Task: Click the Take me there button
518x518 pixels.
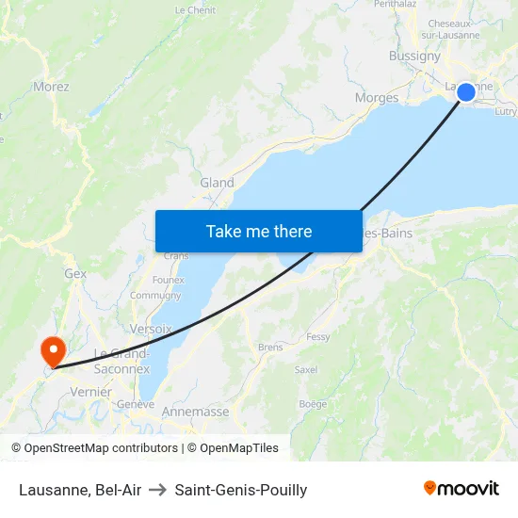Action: click(x=259, y=231)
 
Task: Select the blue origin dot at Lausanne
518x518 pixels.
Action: click(x=466, y=91)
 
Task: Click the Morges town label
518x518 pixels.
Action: click(x=376, y=97)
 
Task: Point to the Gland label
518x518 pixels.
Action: click(x=217, y=183)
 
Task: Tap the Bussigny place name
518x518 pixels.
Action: click(x=414, y=57)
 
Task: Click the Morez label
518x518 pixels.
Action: click(x=51, y=87)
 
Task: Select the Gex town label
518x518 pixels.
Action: click(x=75, y=274)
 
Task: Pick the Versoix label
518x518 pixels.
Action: click(x=152, y=329)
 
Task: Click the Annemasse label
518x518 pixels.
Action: click(x=196, y=412)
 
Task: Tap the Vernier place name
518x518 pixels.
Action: click(x=90, y=392)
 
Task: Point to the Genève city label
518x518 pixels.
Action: click(x=135, y=404)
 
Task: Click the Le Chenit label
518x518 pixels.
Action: click(x=195, y=10)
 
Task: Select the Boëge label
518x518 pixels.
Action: click(x=313, y=404)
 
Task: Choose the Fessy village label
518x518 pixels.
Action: click(x=317, y=336)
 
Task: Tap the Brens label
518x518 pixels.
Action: click(x=270, y=347)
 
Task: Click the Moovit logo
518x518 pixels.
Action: click(x=461, y=489)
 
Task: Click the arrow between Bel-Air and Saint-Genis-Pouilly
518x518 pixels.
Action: click(x=158, y=490)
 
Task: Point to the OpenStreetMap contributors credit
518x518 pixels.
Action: click(x=94, y=448)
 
